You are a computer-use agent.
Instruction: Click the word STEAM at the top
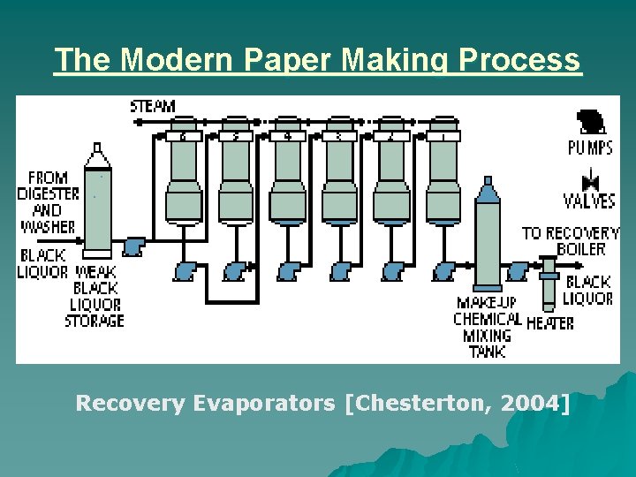(x=153, y=106)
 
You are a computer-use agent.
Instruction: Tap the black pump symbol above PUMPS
(x=588, y=121)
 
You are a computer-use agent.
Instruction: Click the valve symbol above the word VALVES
(x=591, y=183)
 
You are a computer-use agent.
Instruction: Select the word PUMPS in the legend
(x=590, y=147)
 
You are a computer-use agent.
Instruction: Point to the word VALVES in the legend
(x=589, y=201)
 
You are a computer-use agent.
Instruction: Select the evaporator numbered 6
(x=183, y=172)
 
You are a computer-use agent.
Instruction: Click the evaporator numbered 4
(x=287, y=172)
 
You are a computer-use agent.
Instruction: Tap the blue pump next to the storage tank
(x=134, y=246)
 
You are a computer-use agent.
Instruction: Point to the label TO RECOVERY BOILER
(x=571, y=241)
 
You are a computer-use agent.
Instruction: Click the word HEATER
(x=549, y=323)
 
